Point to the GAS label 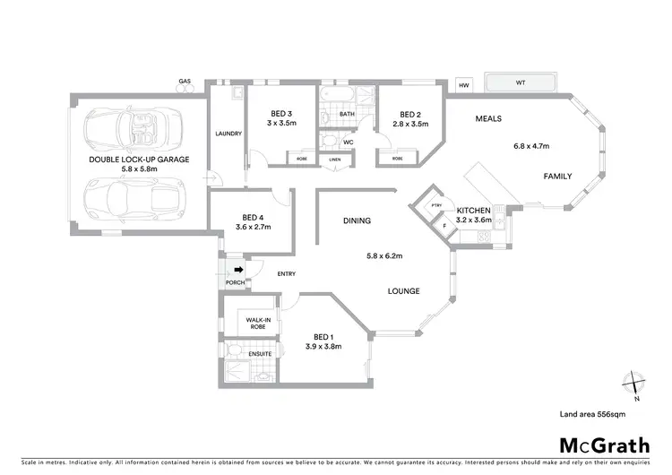[x=185, y=82]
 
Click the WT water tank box [x=521, y=83]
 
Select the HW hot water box [x=464, y=85]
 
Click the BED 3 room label [x=281, y=114]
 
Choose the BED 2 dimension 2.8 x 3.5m [x=410, y=125]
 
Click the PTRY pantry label [x=436, y=205]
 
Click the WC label [x=349, y=142]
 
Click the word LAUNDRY [x=228, y=134]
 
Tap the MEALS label [x=488, y=118]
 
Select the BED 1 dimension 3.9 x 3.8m [x=324, y=346]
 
